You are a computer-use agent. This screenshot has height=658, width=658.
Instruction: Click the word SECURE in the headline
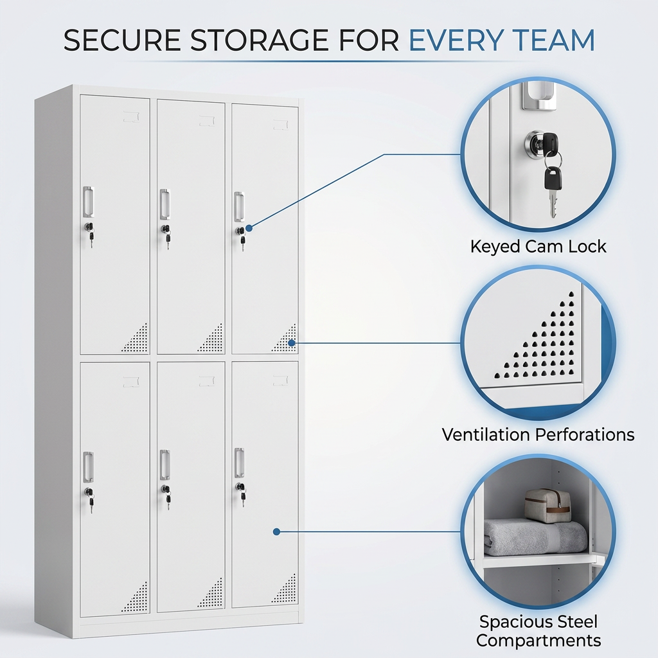click(x=123, y=40)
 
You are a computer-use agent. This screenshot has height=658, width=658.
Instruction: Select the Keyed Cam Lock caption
click(x=538, y=246)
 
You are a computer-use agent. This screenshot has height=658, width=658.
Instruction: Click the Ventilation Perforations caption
click(x=538, y=434)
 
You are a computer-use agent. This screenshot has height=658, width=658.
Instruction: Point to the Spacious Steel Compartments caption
click(x=538, y=631)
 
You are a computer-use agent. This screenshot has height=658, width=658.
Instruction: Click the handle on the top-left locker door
click(x=88, y=202)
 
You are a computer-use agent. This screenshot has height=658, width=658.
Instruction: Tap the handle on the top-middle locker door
click(x=165, y=204)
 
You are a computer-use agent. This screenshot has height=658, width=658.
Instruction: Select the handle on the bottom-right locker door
click(x=239, y=463)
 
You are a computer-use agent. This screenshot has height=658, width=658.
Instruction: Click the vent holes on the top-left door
click(x=136, y=338)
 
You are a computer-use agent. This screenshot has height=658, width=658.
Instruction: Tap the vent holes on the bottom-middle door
click(x=211, y=593)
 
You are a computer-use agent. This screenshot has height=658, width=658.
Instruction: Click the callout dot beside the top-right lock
click(x=249, y=228)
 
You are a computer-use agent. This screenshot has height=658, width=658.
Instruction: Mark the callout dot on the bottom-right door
click(x=276, y=531)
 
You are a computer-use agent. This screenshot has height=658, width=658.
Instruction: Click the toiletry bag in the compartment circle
click(x=547, y=506)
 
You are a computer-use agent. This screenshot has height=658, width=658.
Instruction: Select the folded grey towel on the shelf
click(x=535, y=538)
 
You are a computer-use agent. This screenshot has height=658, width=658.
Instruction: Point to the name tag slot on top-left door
click(x=131, y=117)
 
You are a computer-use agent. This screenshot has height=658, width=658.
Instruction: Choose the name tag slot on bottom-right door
click(x=281, y=380)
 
